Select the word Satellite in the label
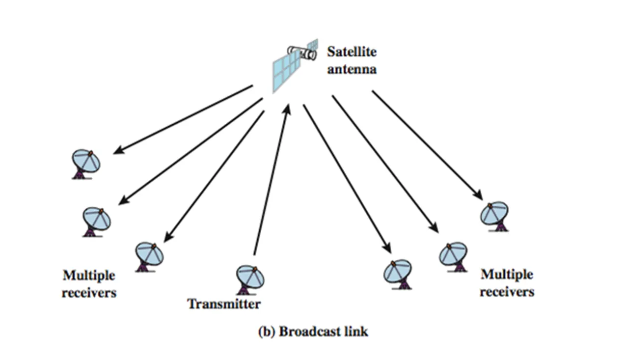click(352, 52)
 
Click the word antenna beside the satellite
click(352, 69)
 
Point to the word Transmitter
click(224, 304)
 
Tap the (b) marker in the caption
click(267, 332)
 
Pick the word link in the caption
click(355, 332)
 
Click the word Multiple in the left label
click(89, 276)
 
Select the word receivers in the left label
click(89, 293)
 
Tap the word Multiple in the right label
click(507, 274)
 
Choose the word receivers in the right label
click(507, 292)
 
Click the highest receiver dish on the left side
click(86, 164)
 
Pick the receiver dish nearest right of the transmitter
click(399, 273)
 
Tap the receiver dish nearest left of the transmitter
click(149, 256)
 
